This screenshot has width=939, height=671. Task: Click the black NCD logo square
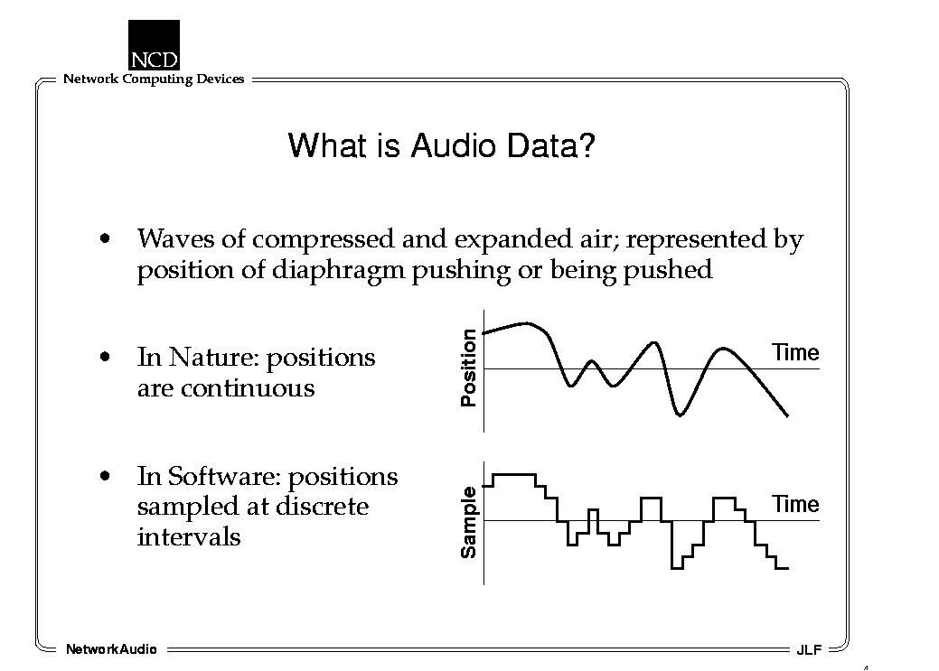coord(154,45)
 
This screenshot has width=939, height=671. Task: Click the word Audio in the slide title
coord(454,145)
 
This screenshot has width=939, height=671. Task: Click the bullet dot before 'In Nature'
coord(106,358)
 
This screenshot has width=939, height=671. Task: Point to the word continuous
coord(248,388)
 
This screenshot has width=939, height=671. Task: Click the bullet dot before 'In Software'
coord(106,477)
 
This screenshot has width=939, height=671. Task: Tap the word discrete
coord(322,507)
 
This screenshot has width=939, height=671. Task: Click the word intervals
coord(189,537)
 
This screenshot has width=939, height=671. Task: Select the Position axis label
coord(468,368)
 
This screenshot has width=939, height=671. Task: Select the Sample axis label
coord(468,523)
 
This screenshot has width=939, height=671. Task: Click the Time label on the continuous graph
coord(795,352)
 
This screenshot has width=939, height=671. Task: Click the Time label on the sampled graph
coord(795,504)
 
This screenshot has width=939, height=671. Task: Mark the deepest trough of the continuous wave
coord(679,415)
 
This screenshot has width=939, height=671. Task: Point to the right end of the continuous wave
coord(787,415)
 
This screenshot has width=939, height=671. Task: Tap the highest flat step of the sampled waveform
coord(514,475)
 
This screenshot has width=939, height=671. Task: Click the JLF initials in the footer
coord(809,650)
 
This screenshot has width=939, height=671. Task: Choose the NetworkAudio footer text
coord(111,649)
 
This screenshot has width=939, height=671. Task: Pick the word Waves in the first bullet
coord(176,238)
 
